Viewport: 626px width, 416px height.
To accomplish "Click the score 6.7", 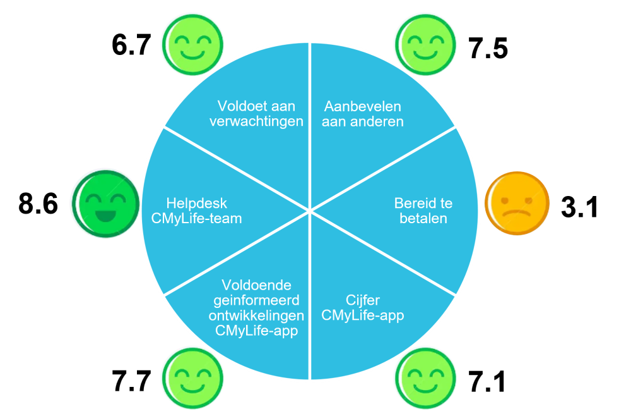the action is coord(131,45).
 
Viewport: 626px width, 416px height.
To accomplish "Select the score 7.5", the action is coord(488,49).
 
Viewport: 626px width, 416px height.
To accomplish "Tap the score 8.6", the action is coord(38,203).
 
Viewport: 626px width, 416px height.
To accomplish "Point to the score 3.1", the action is coord(579,207).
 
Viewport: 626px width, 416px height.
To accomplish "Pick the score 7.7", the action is coord(131,381).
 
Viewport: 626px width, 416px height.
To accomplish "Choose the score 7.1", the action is coord(487,381).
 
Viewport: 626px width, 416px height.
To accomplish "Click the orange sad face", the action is coord(517,203).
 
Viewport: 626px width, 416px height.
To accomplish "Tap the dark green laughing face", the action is coord(106,204).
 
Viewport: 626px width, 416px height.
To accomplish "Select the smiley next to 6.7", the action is coord(193,44).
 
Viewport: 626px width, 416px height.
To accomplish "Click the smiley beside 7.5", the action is coord(425,44).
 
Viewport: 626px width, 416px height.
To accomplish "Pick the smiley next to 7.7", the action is coord(193,378).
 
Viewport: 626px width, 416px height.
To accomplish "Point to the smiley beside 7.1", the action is coord(425,378).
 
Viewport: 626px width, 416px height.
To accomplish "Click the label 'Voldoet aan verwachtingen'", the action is coord(256,114).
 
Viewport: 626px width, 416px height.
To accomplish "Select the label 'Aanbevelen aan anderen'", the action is coord(362,114).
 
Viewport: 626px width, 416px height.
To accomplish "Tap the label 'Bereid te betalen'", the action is coord(423,211).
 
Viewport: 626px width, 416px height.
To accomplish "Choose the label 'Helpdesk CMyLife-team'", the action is coord(196,211).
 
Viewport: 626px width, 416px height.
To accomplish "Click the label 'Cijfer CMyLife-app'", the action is coord(362,308).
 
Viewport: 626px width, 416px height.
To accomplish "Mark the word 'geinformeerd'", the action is coord(256,301).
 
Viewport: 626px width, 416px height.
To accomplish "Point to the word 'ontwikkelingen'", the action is coord(256,315).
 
